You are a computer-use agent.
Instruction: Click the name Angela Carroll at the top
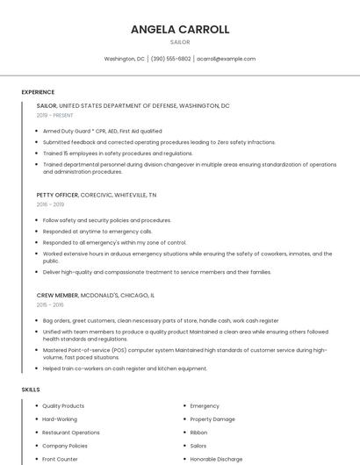(180, 29)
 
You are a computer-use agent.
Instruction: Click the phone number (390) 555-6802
(170, 59)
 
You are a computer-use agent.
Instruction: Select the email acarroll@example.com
(226, 59)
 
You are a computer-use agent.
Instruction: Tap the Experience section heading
(38, 92)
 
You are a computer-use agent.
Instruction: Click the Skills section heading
(31, 388)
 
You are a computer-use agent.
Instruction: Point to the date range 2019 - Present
(55, 115)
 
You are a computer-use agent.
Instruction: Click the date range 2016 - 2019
(50, 204)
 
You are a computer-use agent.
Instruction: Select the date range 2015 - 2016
(50, 304)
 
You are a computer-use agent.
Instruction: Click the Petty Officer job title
(57, 194)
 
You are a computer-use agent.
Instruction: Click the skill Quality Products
(63, 406)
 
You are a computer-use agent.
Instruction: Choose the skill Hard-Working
(60, 419)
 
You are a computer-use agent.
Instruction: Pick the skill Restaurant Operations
(71, 433)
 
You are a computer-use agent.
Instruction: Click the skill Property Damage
(212, 419)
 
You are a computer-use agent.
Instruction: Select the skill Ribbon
(199, 433)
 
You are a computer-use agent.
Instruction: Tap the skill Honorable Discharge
(216, 459)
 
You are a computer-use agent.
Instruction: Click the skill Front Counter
(61, 459)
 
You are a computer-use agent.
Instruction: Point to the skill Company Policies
(65, 446)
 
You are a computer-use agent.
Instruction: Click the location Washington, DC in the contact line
(124, 59)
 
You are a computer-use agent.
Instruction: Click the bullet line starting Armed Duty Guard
(102, 131)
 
